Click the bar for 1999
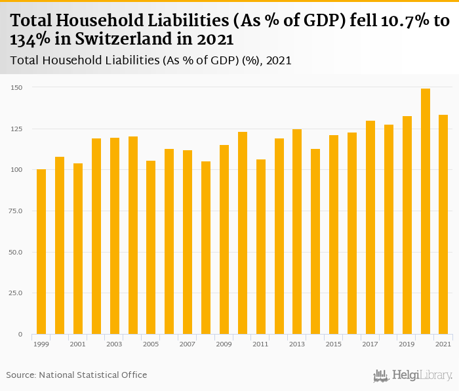[x=41, y=252]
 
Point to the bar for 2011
[x=261, y=247]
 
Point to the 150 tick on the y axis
[x=17, y=87]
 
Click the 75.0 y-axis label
[x=17, y=211]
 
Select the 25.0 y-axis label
[x=17, y=293]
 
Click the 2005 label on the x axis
[x=151, y=344]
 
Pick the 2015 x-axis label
[x=334, y=344]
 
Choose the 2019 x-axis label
[x=407, y=344]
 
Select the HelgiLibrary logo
[x=413, y=375]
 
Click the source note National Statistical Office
[x=93, y=375]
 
